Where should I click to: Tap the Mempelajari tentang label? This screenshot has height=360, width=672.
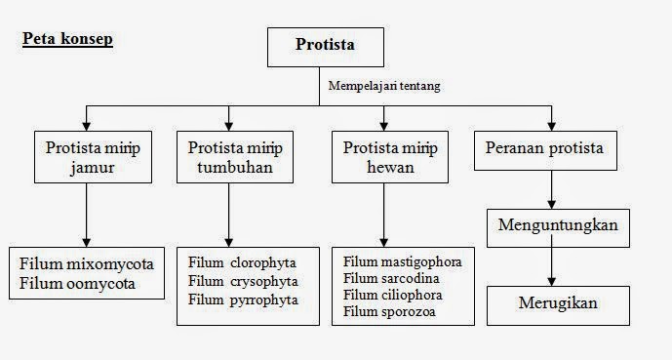click(383, 86)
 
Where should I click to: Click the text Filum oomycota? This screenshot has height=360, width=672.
click(78, 284)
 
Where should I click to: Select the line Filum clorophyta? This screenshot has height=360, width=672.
click(243, 263)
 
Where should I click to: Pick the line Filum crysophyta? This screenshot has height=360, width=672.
click(243, 281)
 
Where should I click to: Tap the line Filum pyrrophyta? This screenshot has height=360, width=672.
click(243, 300)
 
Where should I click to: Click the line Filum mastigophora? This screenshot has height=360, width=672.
click(403, 262)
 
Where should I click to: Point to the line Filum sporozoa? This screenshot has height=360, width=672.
click(389, 312)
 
